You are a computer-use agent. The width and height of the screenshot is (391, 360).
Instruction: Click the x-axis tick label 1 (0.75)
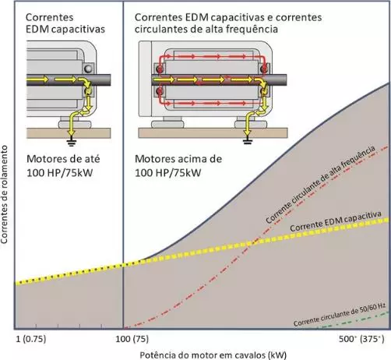tap(30, 339)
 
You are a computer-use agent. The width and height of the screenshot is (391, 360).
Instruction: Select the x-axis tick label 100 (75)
tap(132, 339)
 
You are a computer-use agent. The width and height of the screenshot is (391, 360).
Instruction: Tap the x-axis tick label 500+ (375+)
tap(361, 339)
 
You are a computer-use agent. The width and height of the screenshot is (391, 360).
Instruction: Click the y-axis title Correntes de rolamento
tap(4, 195)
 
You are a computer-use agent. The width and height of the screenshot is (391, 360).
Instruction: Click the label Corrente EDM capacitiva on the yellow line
tap(336, 221)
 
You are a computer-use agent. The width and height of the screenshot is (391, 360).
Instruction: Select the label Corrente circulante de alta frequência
tap(320, 185)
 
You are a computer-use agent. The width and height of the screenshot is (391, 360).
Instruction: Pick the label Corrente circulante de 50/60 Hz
tap(340, 315)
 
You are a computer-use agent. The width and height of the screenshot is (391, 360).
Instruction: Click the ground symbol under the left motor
tap(71, 142)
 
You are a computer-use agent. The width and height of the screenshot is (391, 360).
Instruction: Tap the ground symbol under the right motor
tap(248, 141)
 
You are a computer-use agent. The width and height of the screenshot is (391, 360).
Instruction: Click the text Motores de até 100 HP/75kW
tap(63, 166)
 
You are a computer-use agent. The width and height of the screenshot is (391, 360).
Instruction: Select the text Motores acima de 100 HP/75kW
tap(178, 166)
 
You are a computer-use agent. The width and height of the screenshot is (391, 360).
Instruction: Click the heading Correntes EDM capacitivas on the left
tap(65, 23)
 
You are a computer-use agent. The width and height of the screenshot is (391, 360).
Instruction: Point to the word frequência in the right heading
tap(252, 29)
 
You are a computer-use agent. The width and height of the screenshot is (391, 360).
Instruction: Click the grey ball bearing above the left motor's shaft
tap(88, 69)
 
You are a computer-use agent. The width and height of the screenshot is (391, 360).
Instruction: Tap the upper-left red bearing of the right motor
tap(160, 69)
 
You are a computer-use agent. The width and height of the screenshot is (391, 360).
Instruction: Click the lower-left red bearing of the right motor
tap(160, 91)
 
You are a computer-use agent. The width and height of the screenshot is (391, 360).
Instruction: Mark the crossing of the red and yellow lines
tap(253, 242)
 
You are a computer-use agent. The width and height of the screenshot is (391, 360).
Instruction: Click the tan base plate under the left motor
tap(69, 133)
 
